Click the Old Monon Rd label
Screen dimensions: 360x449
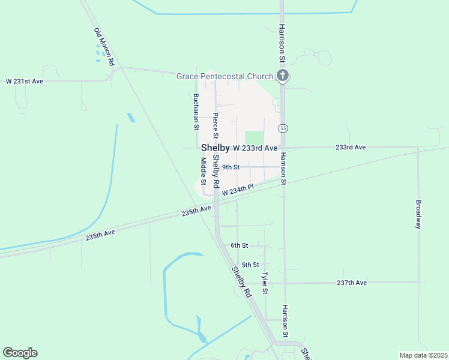[x=104, y=47]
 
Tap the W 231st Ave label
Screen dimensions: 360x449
[x=25, y=81]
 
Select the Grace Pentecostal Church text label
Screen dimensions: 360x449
[x=225, y=76]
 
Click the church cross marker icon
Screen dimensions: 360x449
[x=283, y=76]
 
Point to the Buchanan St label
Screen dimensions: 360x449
[x=196, y=112]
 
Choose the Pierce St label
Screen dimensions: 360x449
[x=215, y=125]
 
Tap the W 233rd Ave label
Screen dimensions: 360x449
[x=255, y=148]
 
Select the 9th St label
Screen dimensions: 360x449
[x=231, y=167]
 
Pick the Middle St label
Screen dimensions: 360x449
[x=203, y=171]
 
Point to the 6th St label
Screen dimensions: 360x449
[x=239, y=245]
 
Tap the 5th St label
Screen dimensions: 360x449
[x=250, y=265]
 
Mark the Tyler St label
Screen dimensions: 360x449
[x=264, y=283]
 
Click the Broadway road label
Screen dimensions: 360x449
[x=418, y=214]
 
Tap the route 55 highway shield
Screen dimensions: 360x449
[x=283, y=128]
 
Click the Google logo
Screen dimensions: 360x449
[x=20, y=353]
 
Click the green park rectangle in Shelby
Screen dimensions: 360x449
[x=255, y=138]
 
